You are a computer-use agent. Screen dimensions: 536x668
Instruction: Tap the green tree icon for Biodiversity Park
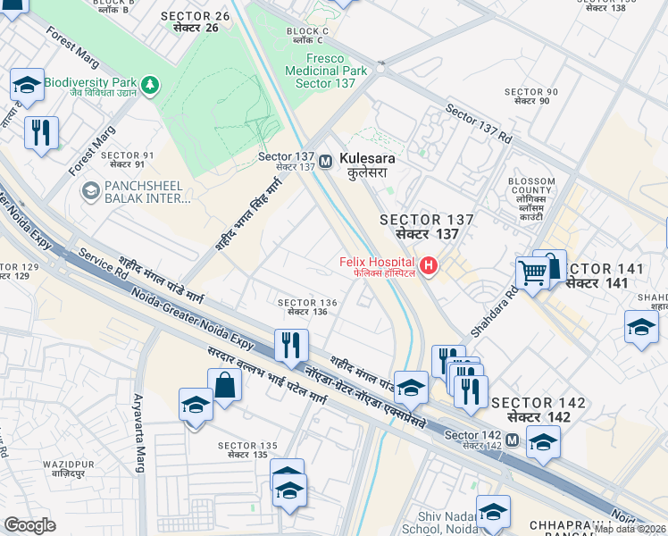tap(153, 84)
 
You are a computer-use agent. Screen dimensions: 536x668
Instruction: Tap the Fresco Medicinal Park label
tap(326, 70)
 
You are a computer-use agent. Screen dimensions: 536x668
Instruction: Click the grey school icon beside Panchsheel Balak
tap(89, 191)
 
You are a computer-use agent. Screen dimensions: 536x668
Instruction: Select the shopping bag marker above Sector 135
tap(224, 386)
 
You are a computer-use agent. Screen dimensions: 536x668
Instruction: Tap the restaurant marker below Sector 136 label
tap(290, 345)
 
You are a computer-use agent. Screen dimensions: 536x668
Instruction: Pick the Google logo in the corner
tap(29, 525)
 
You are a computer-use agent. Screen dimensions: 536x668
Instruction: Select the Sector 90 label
tap(531, 96)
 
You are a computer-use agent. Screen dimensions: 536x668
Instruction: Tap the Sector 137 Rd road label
tap(479, 127)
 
